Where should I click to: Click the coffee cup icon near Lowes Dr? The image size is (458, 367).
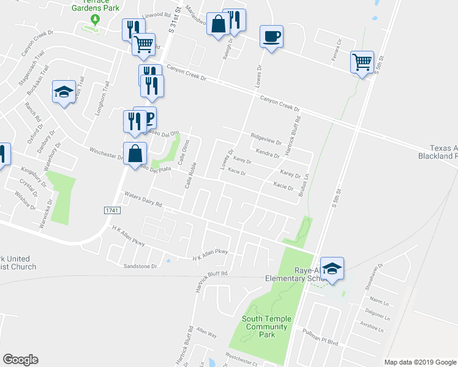pos(271,36)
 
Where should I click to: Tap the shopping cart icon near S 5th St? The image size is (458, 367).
pos(362,61)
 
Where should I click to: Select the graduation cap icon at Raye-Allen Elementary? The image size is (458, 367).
pos(332,268)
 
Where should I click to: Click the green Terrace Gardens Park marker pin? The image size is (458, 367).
pos(95,20)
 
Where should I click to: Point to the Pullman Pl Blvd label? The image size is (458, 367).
pos(320,331)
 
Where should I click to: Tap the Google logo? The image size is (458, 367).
pos(21,359)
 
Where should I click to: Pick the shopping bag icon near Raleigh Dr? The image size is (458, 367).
pos(218,25)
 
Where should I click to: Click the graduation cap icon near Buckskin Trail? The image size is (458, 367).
pos(64,92)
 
